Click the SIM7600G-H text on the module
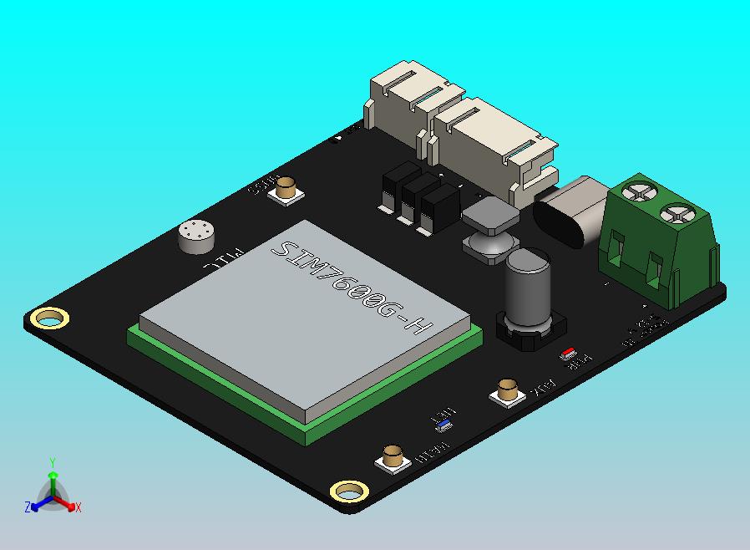tap(351, 288)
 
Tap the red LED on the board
tap(570, 353)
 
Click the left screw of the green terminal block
tap(639, 191)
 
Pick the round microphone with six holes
tap(196, 237)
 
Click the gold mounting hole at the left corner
tap(49, 318)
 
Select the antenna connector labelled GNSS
tap(287, 189)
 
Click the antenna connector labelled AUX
tap(507, 390)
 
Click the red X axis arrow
tap(70, 503)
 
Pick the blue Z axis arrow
tap(36, 503)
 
